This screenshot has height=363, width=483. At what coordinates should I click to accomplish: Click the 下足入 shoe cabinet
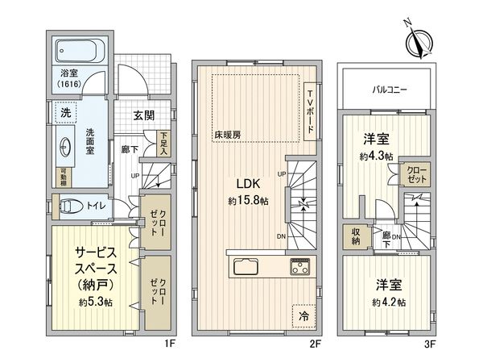click(164, 143)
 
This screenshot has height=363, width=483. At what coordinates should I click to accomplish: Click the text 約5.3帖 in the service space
click(94, 302)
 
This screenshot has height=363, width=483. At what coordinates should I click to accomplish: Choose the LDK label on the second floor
click(241, 183)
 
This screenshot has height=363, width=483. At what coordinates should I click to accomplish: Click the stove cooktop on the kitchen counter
click(299, 266)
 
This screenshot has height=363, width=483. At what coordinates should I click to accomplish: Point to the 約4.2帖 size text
click(389, 302)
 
